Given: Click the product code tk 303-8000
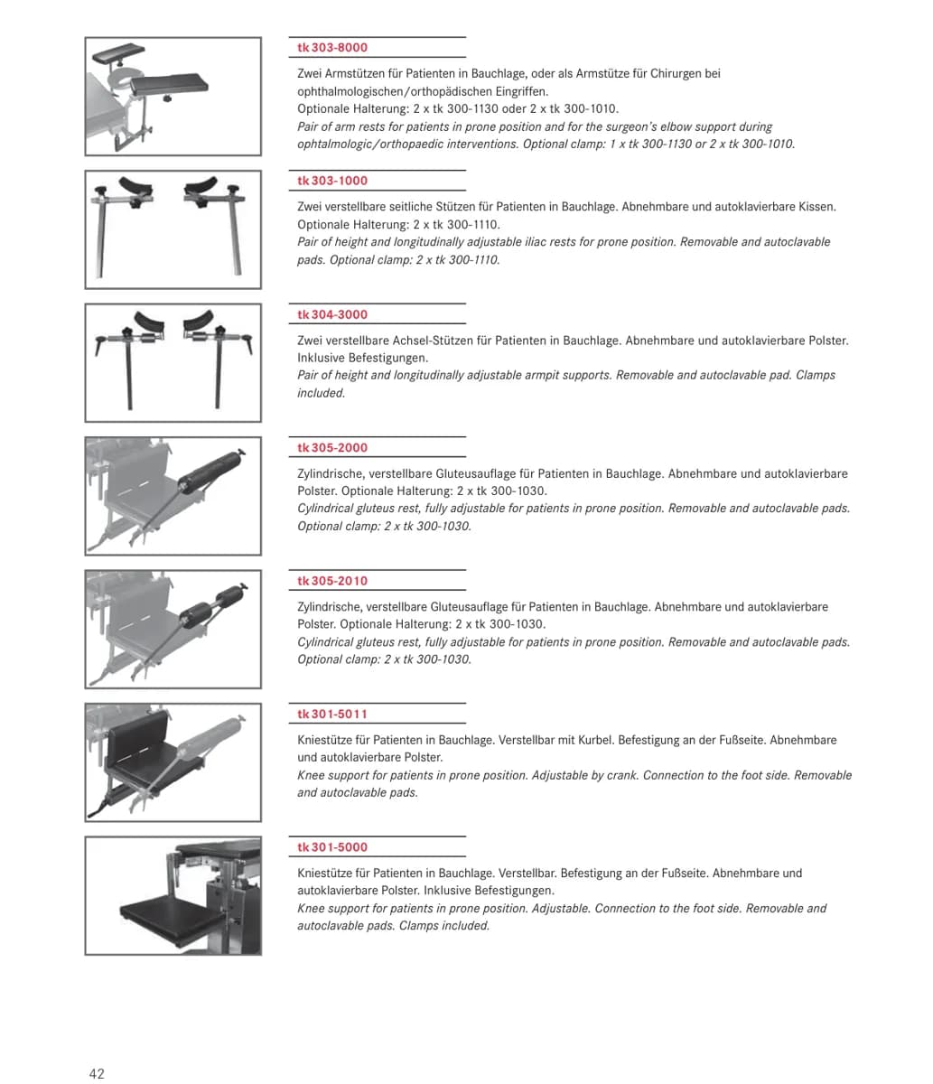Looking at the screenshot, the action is tap(332, 48).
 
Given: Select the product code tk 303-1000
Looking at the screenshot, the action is tap(332, 181).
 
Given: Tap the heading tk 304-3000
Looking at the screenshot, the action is tap(332, 314).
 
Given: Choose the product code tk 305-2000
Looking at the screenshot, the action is tap(332, 448).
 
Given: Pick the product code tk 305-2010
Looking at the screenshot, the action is tap(332, 581).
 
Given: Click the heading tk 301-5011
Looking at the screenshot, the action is tap(332, 715).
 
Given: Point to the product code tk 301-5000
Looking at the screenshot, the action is tap(332, 847).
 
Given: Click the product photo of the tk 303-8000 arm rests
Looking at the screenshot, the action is tap(173, 97).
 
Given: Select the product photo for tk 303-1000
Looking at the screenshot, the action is tap(173, 229).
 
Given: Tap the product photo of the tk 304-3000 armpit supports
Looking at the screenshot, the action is tap(173, 363).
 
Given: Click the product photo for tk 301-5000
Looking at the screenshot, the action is tap(173, 896).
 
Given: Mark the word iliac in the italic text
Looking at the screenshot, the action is tap(502, 242).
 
